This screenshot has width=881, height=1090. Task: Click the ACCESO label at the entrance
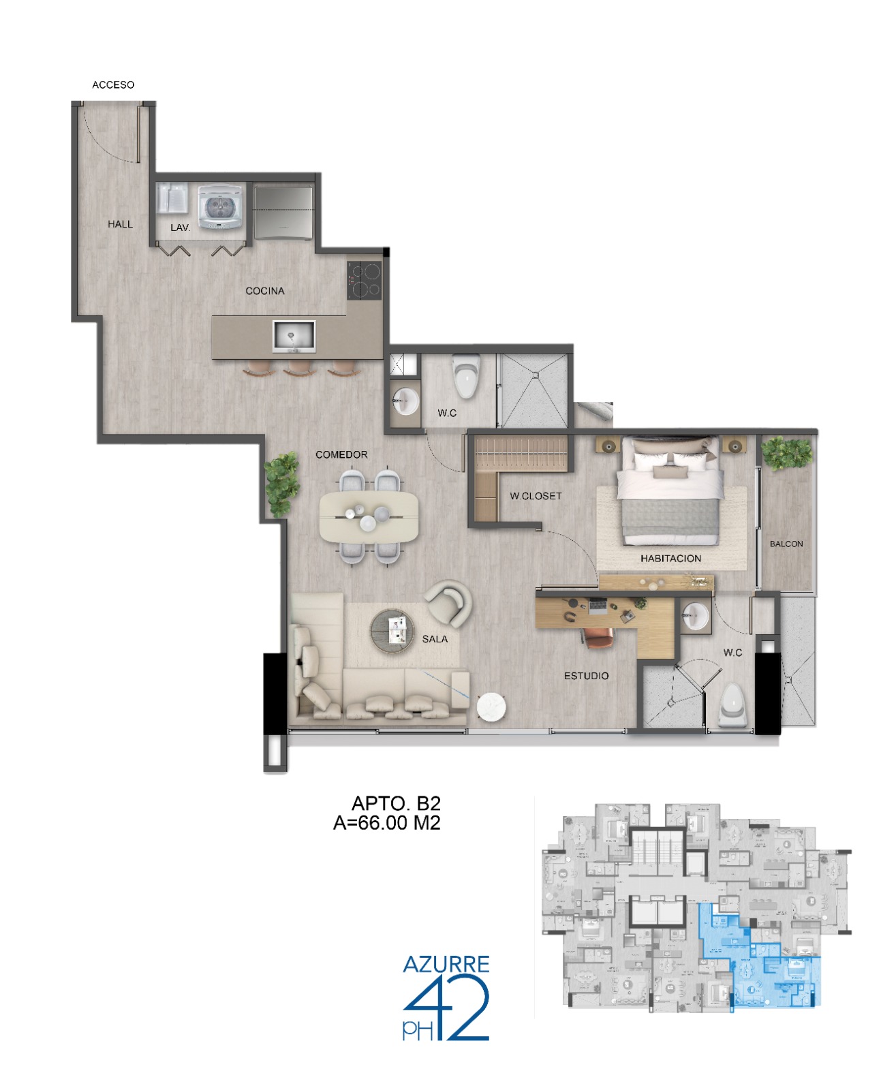[112, 84]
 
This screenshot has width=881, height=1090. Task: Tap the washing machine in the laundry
[220, 206]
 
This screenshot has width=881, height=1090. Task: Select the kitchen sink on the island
[293, 336]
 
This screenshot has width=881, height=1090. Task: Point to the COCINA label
[264, 290]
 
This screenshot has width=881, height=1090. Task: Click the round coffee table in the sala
[392, 630]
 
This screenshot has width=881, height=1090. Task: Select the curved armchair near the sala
[448, 603]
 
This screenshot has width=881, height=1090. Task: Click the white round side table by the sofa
[491, 706]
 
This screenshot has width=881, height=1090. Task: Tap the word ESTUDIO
[585, 676]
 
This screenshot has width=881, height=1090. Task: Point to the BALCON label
[786, 544]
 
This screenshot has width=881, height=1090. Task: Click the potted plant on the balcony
[786, 453]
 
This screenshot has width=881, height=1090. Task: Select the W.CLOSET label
[536, 495]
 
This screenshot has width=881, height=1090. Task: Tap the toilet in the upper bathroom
[466, 375]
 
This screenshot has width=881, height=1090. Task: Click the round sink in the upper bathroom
[407, 401]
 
